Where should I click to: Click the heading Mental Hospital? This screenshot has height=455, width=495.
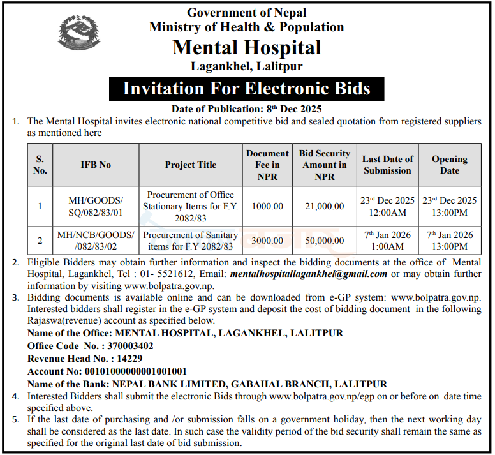247,47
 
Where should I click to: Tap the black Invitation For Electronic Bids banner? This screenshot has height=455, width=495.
246,88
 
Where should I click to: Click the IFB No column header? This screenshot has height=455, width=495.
96,165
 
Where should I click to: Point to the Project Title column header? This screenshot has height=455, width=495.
190,165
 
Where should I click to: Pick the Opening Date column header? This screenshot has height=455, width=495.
449,165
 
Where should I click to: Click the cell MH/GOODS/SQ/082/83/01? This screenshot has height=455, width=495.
96,205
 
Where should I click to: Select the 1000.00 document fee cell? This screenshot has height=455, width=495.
267,206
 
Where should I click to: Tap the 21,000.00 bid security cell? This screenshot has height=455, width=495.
324,206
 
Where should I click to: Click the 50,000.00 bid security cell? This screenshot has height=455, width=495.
324,241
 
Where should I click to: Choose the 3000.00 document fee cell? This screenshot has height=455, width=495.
267,241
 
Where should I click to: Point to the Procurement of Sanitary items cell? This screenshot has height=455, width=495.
190,241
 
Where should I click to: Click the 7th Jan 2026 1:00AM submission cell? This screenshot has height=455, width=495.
387,241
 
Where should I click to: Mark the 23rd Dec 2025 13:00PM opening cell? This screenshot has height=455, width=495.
449,205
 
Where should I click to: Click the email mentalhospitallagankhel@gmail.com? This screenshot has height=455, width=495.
308,274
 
